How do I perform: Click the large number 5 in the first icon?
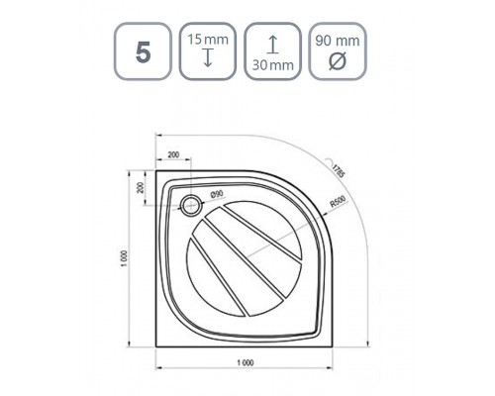pos(143,52)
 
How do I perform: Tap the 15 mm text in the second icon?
pos(208,40)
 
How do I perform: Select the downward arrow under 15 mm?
pos(208,57)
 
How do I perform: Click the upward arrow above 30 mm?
pos(272,45)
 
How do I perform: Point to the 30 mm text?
pos(273,64)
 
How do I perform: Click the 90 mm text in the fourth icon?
pos(338,41)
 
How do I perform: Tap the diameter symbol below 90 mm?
pos(338,60)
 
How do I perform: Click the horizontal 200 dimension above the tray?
pos(173,154)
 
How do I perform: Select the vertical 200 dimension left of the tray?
pos(141,187)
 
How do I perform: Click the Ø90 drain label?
pos(217,195)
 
